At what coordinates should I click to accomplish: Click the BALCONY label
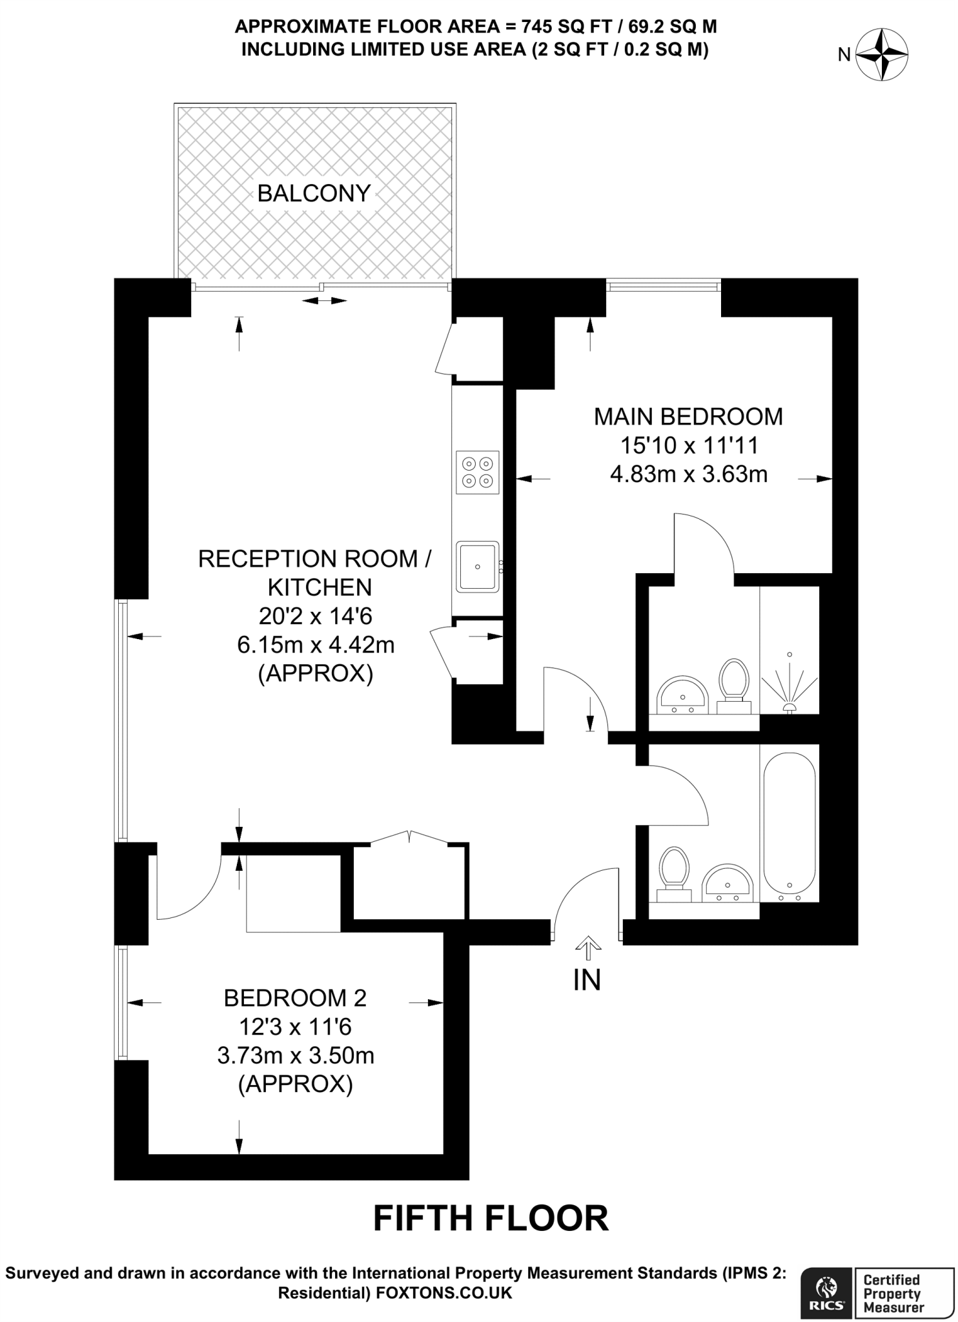pyautogui.click(x=314, y=193)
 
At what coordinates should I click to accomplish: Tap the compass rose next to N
pyautogui.click(x=882, y=55)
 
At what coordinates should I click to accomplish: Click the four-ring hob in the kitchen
pyautogui.click(x=477, y=472)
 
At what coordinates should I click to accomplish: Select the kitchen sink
pyautogui.click(x=478, y=567)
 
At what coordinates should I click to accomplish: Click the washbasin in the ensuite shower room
pyautogui.click(x=682, y=695)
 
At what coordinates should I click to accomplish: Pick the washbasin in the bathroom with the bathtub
pyautogui.click(x=728, y=882)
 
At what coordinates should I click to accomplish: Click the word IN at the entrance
pyautogui.click(x=587, y=980)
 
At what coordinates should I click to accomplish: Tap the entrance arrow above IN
pyautogui.click(x=587, y=949)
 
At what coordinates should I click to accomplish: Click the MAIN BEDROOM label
pyautogui.click(x=688, y=417)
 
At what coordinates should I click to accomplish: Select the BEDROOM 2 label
pyautogui.click(x=295, y=998)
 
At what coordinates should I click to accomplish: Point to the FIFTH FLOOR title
pyautogui.click(x=491, y=1218)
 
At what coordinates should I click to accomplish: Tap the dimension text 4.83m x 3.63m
pyautogui.click(x=689, y=474)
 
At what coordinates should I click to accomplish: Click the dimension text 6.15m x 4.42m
pyautogui.click(x=316, y=644)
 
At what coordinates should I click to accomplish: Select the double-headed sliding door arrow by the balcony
pyautogui.click(x=324, y=300)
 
